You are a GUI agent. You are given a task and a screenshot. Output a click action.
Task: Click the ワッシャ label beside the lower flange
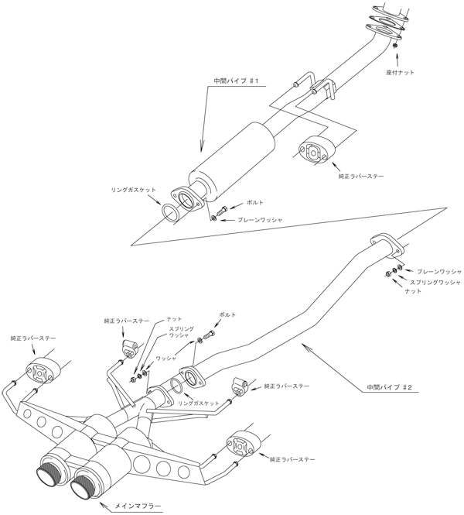[x=167, y=359]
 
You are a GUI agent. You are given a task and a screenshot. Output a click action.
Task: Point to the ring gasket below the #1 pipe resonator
[x=171, y=212]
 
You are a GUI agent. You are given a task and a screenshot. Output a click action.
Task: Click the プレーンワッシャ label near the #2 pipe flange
[x=438, y=272]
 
